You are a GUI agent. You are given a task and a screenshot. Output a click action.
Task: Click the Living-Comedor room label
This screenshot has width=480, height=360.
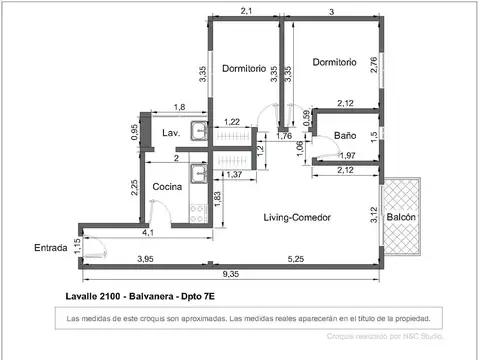pyautogui.click(x=297, y=217)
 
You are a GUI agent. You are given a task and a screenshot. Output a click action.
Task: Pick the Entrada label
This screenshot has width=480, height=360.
pyautogui.click(x=51, y=247)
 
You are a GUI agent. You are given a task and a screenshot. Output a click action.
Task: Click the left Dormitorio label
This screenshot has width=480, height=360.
pyautogui.click(x=243, y=69)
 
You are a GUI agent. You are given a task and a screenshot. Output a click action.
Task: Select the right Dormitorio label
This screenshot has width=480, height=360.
pyautogui.click(x=333, y=62)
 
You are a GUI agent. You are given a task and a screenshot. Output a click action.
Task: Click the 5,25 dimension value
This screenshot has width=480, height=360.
pyautogui.click(x=296, y=260)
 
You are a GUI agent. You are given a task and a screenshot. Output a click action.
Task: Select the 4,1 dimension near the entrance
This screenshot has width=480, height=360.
pyautogui.click(x=148, y=233)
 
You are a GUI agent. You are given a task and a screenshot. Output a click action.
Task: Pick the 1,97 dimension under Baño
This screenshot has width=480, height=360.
pyautogui.click(x=346, y=155)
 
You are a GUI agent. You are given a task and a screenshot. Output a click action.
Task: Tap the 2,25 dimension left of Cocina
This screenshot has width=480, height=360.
pyautogui.click(x=133, y=188)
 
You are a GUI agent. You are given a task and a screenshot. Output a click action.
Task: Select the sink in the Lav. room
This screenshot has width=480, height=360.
pyautogui.click(x=200, y=130)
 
